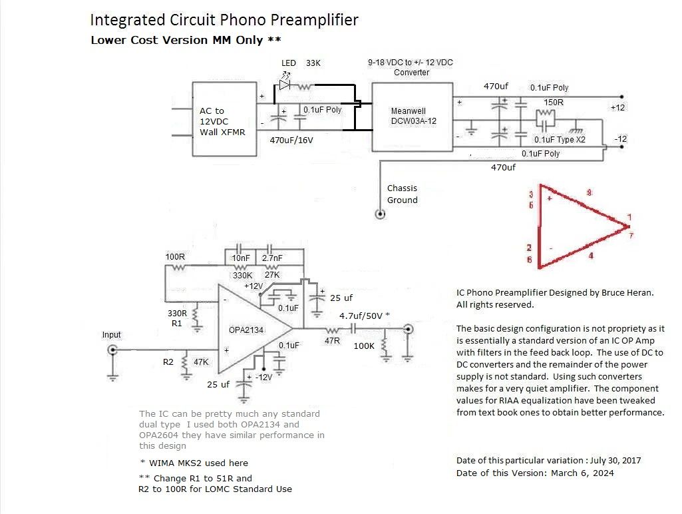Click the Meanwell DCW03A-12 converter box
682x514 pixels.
point(412,116)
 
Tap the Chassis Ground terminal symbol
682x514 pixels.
point(380,214)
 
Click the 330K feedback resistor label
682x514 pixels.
point(243,276)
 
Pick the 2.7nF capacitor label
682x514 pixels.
point(271,258)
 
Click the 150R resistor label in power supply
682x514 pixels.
point(554,103)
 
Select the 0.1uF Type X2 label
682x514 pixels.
point(560,140)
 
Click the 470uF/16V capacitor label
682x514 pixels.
point(291,140)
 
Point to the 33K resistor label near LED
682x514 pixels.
point(313,63)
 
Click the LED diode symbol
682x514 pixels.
point(285,85)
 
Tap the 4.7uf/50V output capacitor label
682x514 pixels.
point(364,315)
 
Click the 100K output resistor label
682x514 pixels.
point(364,346)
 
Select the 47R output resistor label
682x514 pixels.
point(331,340)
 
